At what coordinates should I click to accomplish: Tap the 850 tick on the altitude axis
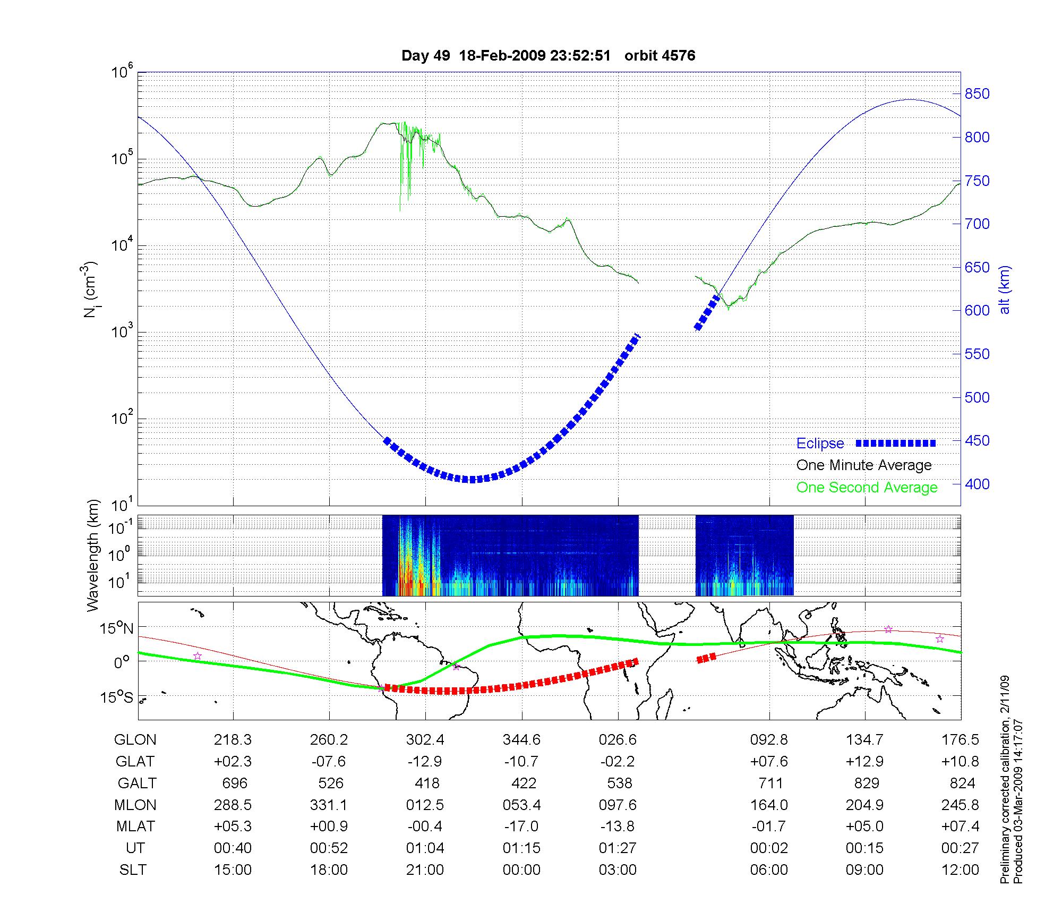click(x=977, y=94)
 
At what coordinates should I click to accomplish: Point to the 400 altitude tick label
click(x=977, y=484)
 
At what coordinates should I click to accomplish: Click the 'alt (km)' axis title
click(x=1005, y=289)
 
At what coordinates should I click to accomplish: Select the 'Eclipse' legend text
click(x=820, y=444)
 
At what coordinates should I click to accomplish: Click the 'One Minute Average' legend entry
click(x=864, y=465)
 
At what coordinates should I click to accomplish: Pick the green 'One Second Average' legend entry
click(x=867, y=488)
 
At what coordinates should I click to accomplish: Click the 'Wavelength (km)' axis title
click(x=93, y=556)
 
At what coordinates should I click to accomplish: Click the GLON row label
click(x=135, y=740)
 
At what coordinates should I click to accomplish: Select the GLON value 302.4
click(x=425, y=740)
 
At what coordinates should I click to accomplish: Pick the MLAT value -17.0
click(x=521, y=827)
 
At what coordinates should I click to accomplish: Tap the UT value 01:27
click(x=618, y=848)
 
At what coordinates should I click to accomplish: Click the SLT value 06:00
click(x=768, y=870)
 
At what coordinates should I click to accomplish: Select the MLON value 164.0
click(x=768, y=805)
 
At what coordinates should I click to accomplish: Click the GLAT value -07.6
click(x=329, y=762)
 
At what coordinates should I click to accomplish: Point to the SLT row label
click(x=133, y=870)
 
